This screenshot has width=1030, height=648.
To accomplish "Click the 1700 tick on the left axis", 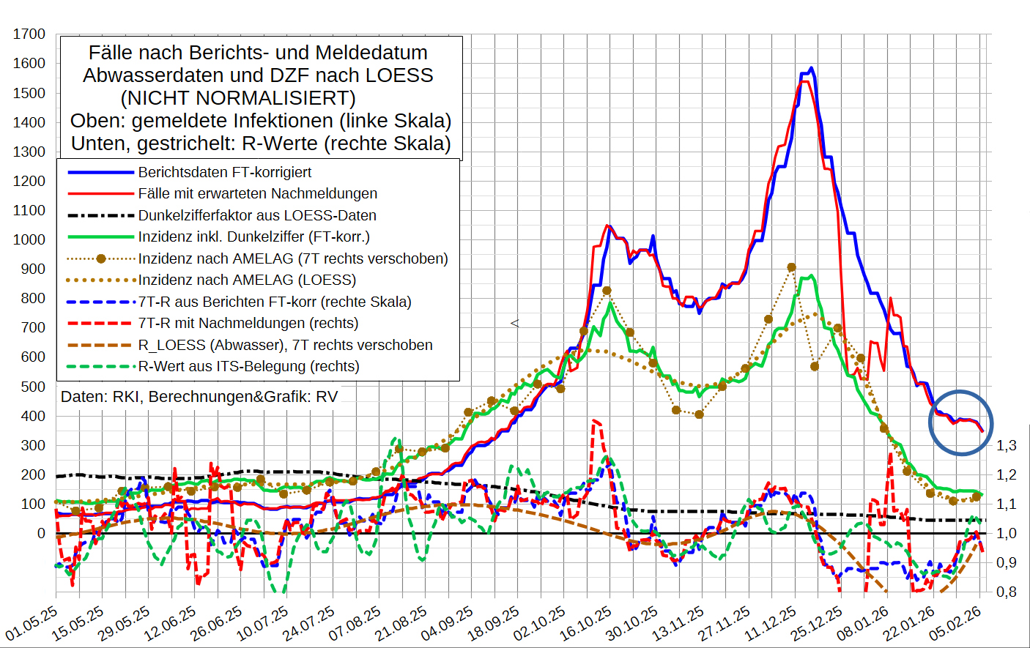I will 29,34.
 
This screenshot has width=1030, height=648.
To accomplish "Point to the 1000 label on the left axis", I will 29,239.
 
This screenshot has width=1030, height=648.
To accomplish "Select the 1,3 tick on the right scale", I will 1007,445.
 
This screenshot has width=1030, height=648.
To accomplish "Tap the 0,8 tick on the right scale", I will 1007,592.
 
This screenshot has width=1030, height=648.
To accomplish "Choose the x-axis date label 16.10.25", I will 586,624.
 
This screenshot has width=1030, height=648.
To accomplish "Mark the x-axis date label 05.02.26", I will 955,624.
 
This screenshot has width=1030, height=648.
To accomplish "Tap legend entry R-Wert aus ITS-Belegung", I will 248,366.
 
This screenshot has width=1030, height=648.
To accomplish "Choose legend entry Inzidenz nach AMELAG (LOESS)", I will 247,280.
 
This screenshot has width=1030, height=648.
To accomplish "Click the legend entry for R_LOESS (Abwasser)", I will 285,345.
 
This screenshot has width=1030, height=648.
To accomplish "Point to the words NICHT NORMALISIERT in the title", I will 238,98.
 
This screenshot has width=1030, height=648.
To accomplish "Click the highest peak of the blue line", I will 811,68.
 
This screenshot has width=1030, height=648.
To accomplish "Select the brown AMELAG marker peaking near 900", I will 791,267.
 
